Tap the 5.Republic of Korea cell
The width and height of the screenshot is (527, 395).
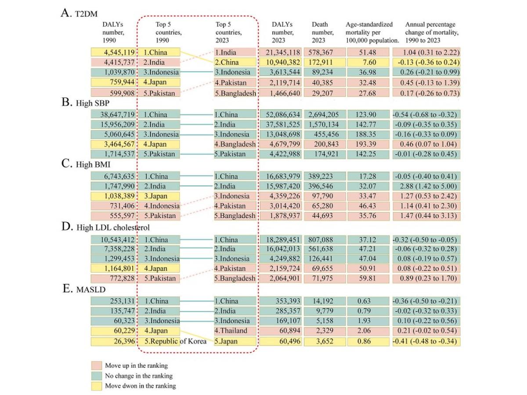pos(175,341)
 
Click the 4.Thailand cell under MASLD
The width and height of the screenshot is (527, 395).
pos(235,331)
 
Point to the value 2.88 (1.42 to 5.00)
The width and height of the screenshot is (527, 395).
pos(426,186)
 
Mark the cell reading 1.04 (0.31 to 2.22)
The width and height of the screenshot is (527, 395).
pos(426,52)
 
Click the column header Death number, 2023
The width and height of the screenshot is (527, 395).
pos(322,32)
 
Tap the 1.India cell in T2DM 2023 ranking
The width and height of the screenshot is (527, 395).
pos(235,52)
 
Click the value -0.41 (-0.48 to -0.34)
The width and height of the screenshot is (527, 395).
pos(426,341)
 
